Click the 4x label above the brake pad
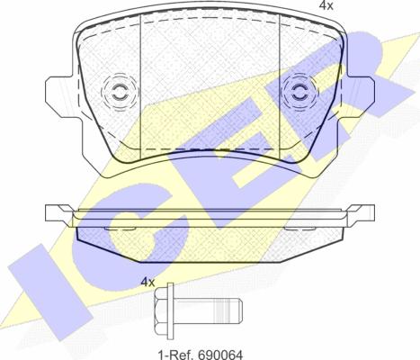click(x=326, y=5)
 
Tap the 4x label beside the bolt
click(x=147, y=282)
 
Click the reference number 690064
click(x=220, y=355)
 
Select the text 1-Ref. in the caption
click(x=176, y=355)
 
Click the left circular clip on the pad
click(x=121, y=92)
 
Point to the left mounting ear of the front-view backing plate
click(x=60, y=97)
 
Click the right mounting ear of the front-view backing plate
click(x=360, y=97)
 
